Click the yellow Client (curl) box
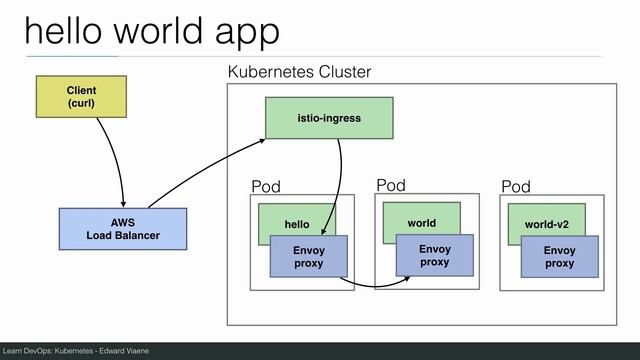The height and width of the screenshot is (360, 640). tap(81, 96)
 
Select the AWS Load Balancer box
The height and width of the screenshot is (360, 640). tap(122, 228)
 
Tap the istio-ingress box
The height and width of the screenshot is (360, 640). tap(328, 118)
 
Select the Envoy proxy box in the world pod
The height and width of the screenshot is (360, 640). tap(434, 255)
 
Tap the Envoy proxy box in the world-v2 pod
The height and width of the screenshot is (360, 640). tap(559, 257)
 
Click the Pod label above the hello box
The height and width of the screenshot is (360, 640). tap(266, 187)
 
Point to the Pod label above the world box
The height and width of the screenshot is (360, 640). tap(391, 185)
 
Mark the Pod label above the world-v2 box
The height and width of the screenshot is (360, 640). tap(516, 187)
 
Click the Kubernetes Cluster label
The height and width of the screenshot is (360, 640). tap(299, 72)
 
